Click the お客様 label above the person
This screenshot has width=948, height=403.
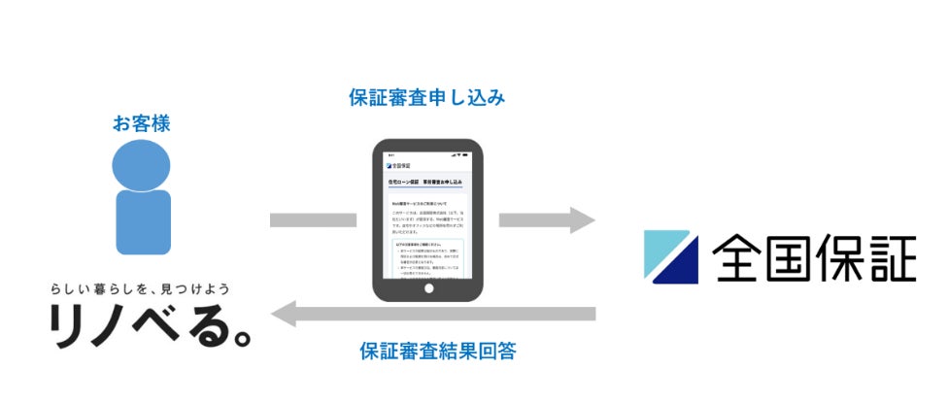pos(143,123)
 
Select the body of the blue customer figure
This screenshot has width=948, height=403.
pos(144,221)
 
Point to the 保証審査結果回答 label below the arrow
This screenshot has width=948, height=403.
pos(437,351)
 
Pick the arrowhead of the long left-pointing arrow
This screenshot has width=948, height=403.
pos(285,313)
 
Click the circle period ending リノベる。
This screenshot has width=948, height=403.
pos(240,338)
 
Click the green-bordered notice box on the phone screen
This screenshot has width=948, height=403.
pos(427,257)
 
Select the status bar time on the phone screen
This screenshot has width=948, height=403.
pos(390,155)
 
